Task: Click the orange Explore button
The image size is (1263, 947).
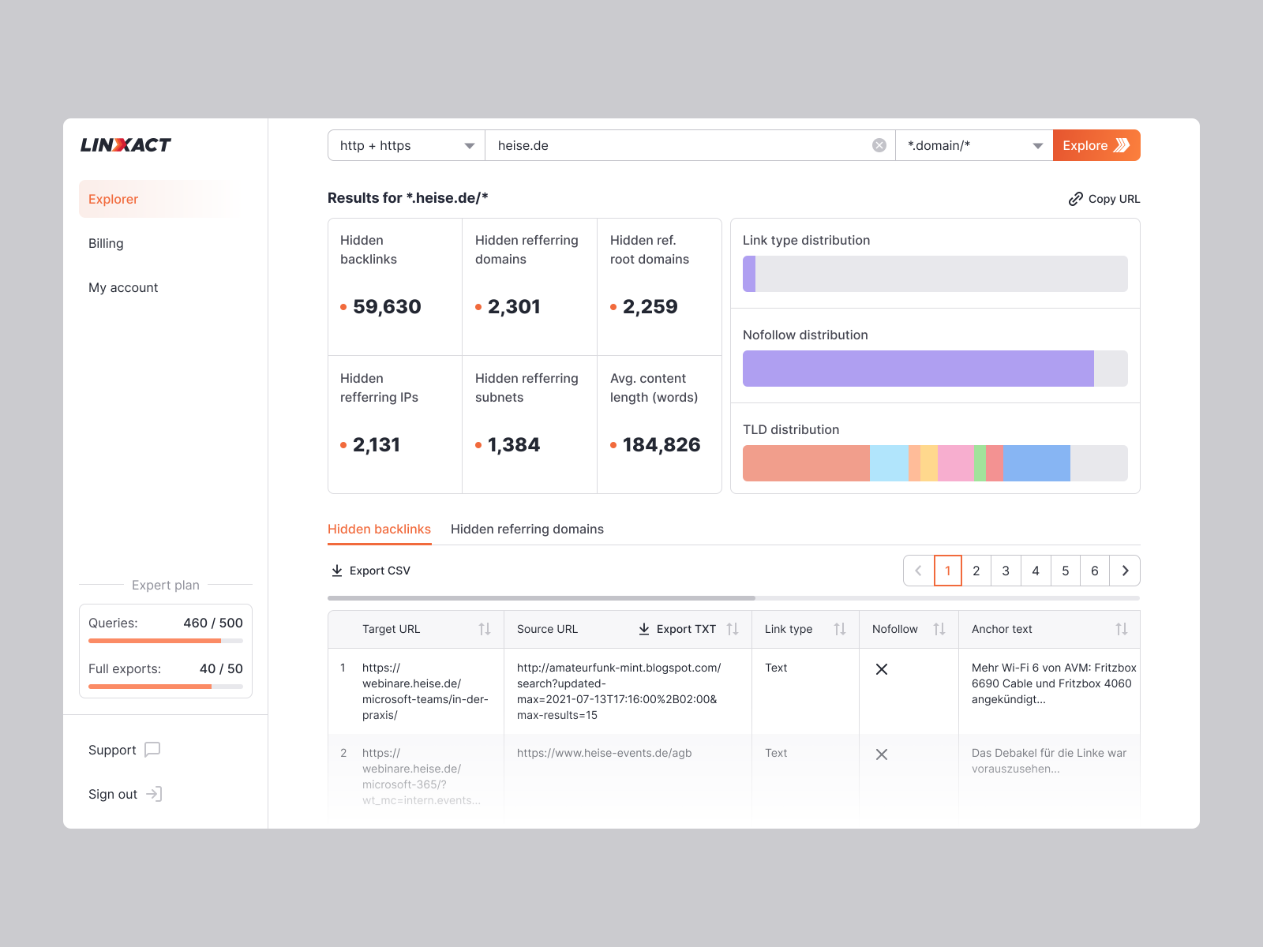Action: point(1096,145)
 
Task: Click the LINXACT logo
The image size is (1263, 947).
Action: point(126,145)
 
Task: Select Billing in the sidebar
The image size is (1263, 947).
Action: point(106,243)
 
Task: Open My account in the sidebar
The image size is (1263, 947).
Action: point(123,287)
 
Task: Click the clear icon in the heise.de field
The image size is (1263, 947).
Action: point(879,145)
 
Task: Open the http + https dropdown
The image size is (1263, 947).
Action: point(406,145)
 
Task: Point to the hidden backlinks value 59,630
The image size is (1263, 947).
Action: point(387,306)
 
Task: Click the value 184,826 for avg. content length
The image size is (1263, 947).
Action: point(661,444)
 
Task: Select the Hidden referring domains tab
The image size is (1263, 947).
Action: point(527,529)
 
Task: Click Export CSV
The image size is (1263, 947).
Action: point(370,571)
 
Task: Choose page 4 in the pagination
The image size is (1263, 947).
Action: point(1035,571)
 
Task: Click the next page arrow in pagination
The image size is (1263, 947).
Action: point(1125,571)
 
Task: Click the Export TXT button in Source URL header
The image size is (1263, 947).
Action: point(677,629)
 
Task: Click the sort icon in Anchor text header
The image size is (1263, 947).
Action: point(1121,629)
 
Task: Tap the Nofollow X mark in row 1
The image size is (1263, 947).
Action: point(882,669)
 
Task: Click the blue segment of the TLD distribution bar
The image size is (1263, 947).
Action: point(1036,463)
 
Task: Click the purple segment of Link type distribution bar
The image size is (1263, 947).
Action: point(749,274)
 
